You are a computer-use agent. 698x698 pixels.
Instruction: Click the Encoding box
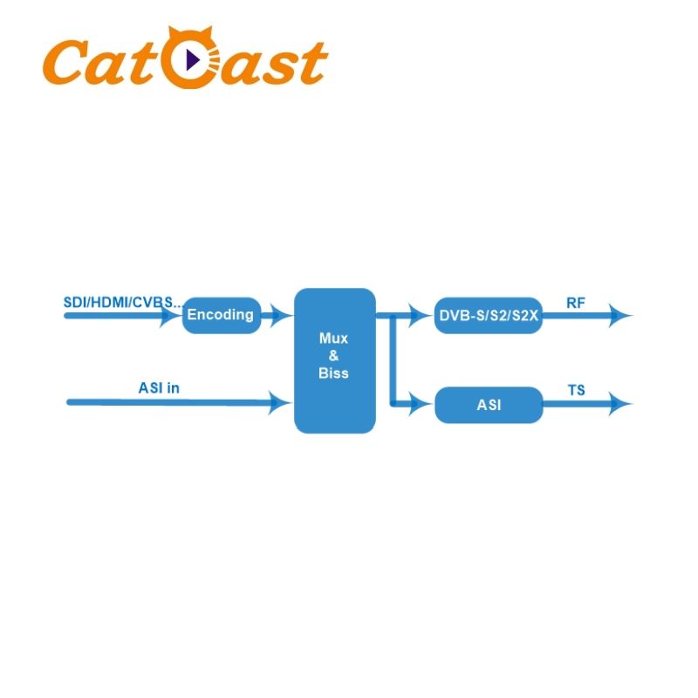pyautogui.click(x=222, y=315)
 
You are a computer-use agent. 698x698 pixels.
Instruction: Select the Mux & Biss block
pyautogui.click(x=334, y=360)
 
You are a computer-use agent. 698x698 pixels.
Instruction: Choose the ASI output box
pyautogui.click(x=489, y=405)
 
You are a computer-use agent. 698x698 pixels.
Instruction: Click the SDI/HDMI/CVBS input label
pyautogui.click(x=122, y=302)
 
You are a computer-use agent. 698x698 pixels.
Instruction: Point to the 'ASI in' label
pyautogui.click(x=159, y=387)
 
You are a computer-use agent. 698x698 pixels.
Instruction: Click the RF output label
pyautogui.click(x=576, y=303)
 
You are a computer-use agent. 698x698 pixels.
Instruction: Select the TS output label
pyautogui.click(x=577, y=390)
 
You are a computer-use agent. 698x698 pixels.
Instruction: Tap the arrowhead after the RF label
pyautogui.click(x=621, y=315)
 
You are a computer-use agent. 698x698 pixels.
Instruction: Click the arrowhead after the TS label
pyautogui.click(x=621, y=403)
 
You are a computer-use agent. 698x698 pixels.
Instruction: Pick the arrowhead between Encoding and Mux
pyautogui.click(x=281, y=315)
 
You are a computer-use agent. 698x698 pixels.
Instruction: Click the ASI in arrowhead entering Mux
pyautogui.click(x=281, y=402)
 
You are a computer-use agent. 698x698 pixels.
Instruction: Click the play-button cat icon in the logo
pyautogui.click(x=190, y=60)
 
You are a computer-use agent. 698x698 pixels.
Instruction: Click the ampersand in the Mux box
pyautogui.click(x=333, y=356)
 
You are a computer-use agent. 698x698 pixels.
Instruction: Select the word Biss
pyautogui.click(x=333, y=373)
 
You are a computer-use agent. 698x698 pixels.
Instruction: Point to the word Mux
pyautogui.click(x=333, y=339)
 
